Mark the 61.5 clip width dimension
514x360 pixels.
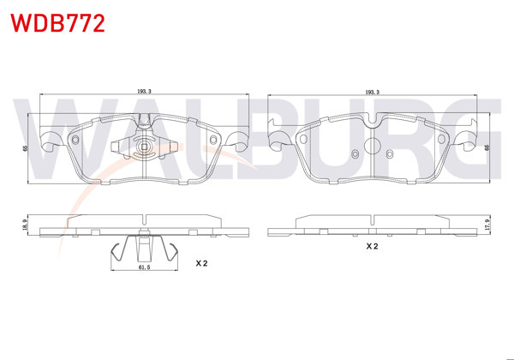pos(144,268)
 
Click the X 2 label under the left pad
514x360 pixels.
pos(201,263)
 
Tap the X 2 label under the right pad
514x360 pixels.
pos(373,246)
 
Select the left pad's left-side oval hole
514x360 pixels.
pos(76,138)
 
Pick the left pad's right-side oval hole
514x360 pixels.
pos(212,138)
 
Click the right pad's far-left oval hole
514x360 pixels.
pos(305,138)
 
